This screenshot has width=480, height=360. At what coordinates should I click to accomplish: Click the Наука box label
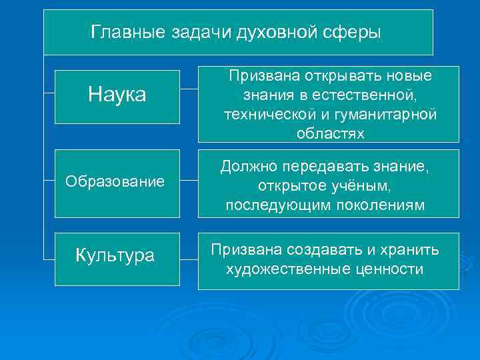click(x=117, y=95)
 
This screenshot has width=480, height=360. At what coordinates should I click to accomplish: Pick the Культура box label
click(x=115, y=255)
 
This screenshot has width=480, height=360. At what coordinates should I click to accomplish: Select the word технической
click(x=273, y=114)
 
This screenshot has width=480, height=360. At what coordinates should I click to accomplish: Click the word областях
click(x=330, y=133)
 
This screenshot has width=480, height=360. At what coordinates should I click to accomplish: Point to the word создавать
click(x=325, y=250)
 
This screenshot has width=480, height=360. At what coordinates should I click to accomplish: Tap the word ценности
click(x=389, y=269)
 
